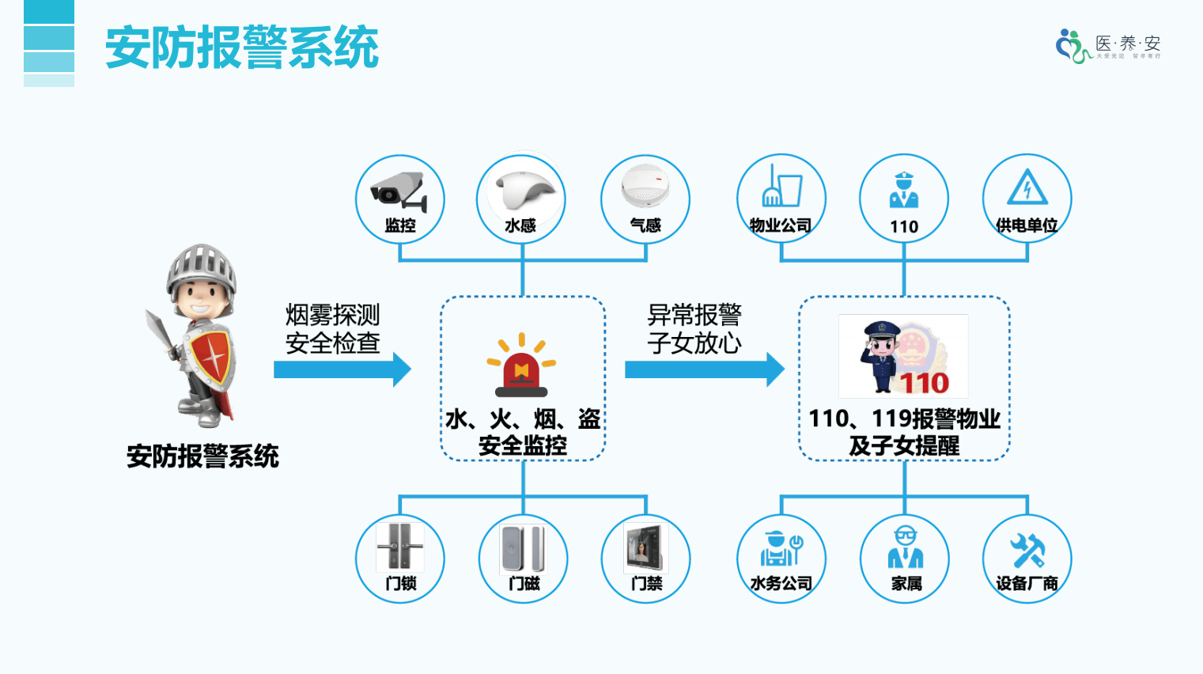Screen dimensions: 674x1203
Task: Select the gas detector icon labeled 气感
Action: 645,187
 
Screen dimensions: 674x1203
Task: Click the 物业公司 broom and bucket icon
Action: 781,187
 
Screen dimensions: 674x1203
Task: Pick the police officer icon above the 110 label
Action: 903,190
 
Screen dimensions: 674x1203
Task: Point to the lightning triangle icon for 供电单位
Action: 1027,188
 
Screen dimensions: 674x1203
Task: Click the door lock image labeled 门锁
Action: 399,547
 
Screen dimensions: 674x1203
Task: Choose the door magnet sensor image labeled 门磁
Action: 523,548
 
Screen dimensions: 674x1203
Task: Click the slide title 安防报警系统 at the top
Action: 242,47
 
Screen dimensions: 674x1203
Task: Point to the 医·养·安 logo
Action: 1107,46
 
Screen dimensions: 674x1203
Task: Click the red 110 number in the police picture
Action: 924,383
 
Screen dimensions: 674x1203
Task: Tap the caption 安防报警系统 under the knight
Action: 202,456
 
